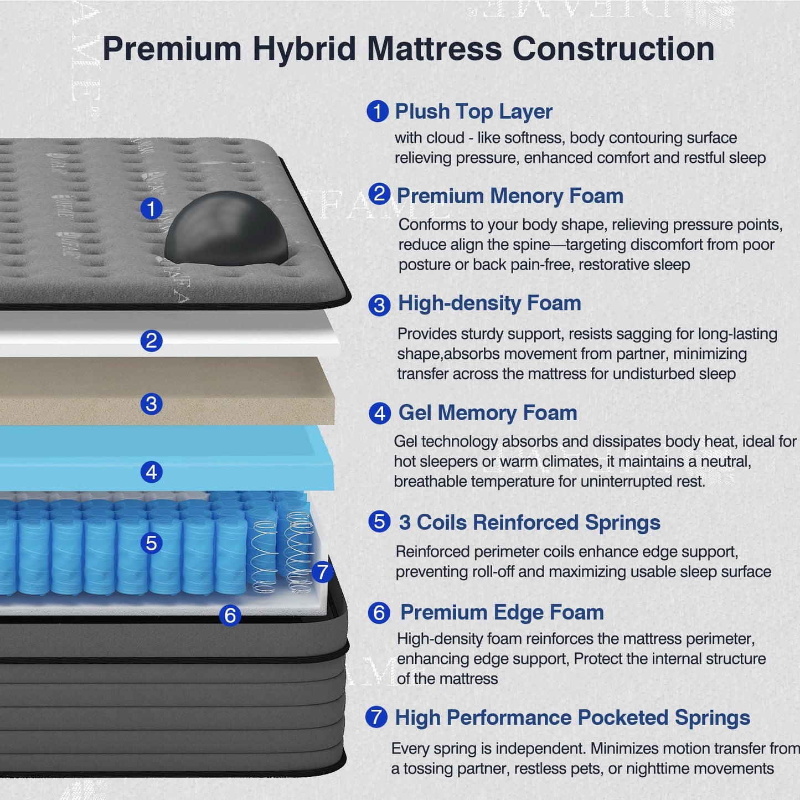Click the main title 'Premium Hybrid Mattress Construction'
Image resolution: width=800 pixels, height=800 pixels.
click(408, 49)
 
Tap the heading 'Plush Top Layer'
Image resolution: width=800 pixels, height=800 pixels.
click(473, 111)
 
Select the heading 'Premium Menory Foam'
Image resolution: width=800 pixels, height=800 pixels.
click(510, 196)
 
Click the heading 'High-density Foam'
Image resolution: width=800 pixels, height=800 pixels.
click(489, 303)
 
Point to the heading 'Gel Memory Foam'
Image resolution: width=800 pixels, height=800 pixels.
click(487, 413)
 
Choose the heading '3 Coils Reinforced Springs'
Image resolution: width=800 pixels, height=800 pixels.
click(529, 523)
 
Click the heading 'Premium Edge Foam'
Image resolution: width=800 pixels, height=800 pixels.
click(502, 613)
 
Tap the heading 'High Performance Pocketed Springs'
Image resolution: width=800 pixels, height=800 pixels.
click(572, 718)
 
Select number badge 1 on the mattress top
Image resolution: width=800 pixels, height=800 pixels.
click(151, 209)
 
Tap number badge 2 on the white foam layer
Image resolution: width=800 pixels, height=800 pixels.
click(151, 340)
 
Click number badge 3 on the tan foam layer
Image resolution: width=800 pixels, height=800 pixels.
click(151, 404)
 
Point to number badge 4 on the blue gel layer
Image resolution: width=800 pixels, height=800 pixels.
click(151, 472)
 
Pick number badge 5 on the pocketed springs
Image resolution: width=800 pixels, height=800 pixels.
click(151, 543)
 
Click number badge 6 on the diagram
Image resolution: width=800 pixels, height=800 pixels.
click(230, 615)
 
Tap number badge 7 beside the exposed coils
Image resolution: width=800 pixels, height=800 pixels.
click(322, 572)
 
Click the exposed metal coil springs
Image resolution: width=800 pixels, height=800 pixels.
click(282, 551)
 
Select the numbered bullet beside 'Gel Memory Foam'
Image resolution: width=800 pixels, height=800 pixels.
click(379, 413)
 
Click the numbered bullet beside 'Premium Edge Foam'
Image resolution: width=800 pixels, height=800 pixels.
click(379, 613)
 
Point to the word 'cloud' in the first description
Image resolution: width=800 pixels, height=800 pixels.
click(445, 138)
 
